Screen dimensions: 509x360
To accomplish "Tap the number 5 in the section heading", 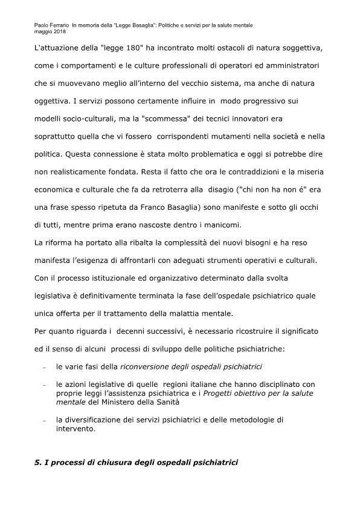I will click(x=37, y=464).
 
